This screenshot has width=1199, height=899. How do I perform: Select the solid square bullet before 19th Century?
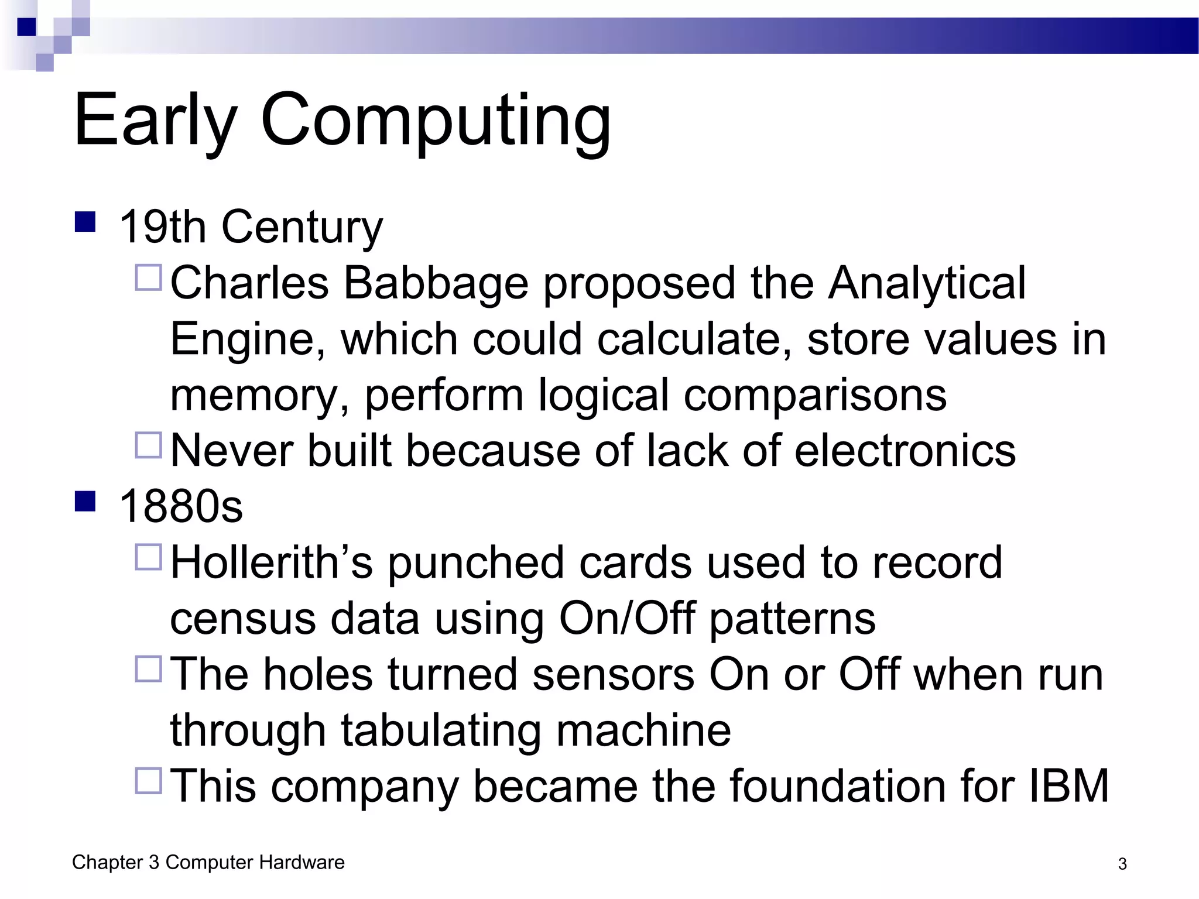(85, 222)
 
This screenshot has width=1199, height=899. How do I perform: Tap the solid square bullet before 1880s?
(85, 502)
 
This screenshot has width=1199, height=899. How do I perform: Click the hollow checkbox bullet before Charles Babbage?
(149, 277)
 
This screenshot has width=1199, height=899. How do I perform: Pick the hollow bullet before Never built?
(149, 445)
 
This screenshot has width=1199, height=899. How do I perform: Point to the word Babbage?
(436, 284)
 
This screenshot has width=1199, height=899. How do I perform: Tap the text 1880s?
(180, 507)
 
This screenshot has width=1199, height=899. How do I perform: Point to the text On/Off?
(627, 619)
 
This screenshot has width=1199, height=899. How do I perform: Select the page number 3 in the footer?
(1122, 864)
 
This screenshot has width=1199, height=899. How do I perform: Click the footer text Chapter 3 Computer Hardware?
(208, 863)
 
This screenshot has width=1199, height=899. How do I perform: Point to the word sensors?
(613, 675)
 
